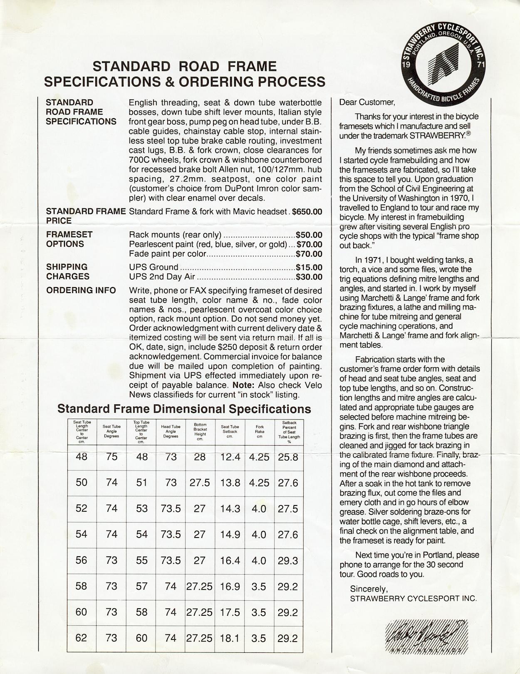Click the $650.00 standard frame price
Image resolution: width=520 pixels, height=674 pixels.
click(307, 211)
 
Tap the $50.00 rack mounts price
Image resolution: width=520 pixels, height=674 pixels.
click(309, 235)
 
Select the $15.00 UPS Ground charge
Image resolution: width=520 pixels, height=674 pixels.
click(309, 267)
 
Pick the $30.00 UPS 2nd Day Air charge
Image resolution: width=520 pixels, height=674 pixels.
click(309, 277)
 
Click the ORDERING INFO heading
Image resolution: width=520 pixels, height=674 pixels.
click(81, 290)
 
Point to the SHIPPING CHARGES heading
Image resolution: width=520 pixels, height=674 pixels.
click(67, 272)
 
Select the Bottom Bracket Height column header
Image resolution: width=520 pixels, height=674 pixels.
click(200, 431)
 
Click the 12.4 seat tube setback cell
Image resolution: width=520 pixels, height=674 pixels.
click(230, 457)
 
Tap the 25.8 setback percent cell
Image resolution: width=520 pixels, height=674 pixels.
click(288, 457)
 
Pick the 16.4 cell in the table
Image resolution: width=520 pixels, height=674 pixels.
click(230, 560)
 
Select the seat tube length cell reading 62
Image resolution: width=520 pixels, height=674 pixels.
click(82, 638)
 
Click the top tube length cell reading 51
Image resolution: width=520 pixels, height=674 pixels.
click(142, 483)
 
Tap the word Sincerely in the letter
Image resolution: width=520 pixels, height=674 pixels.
click(369, 589)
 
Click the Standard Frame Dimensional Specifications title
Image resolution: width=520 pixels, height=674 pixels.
click(184, 409)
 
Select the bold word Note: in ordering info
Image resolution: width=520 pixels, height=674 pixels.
click(243, 385)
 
